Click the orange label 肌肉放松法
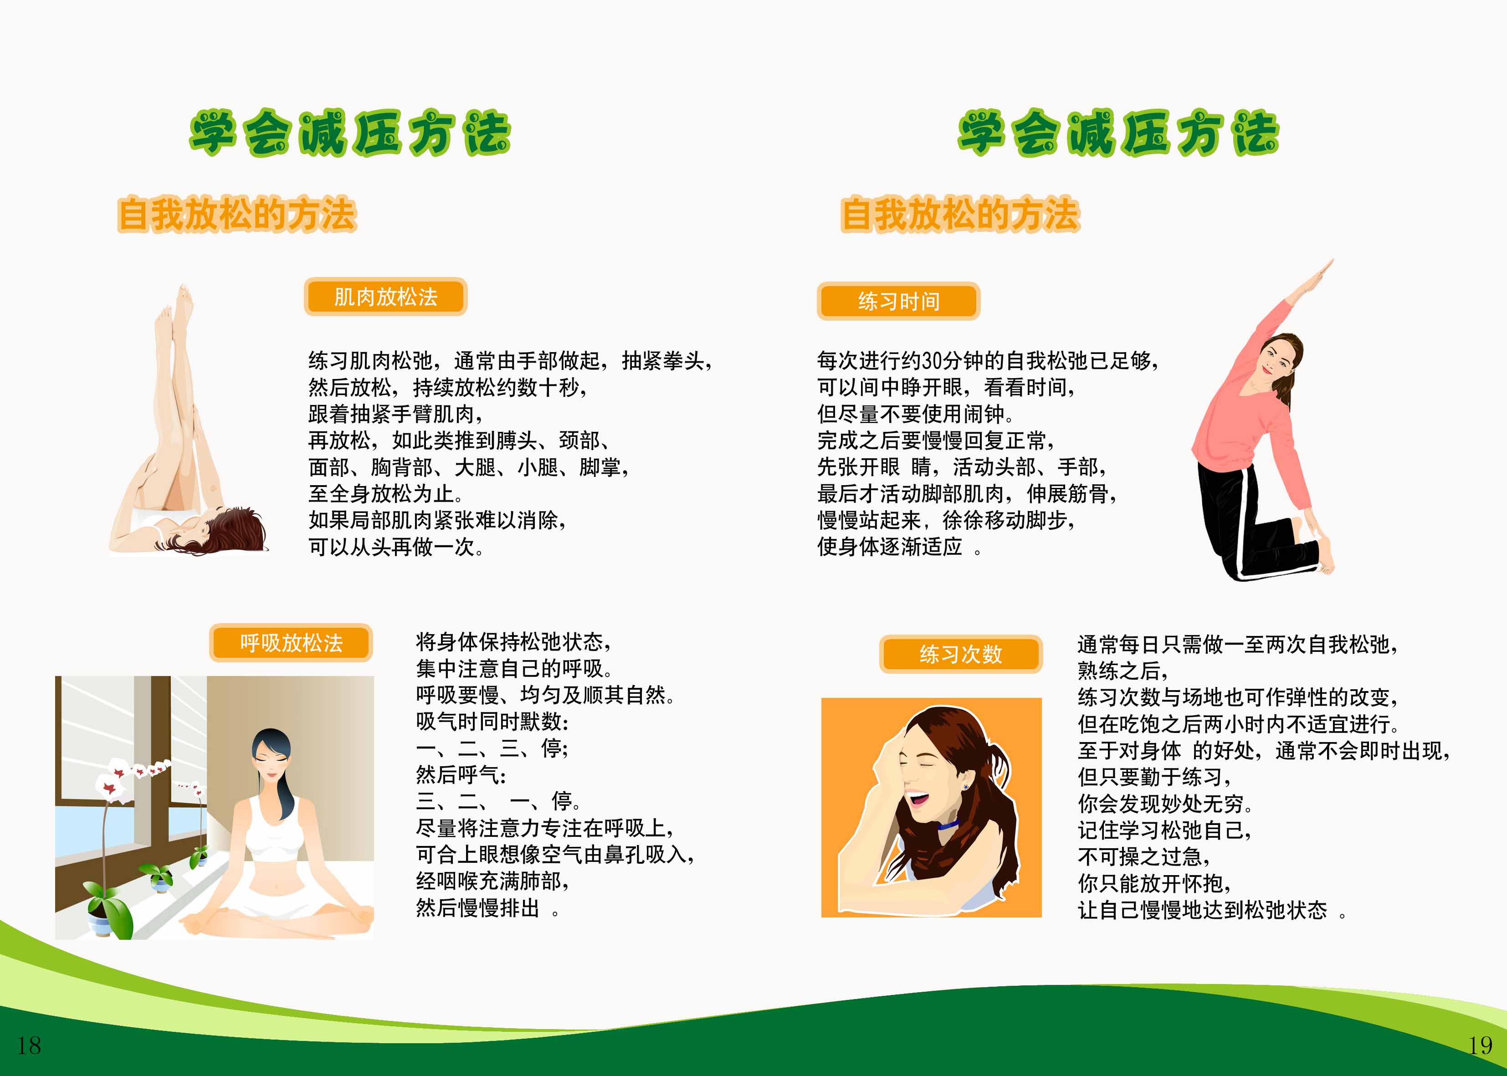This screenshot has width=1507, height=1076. click(385, 297)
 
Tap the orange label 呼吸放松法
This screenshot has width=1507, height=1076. click(291, 643)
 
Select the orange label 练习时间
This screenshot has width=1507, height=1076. click(898, 302)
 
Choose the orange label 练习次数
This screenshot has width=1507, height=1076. click(960, 655)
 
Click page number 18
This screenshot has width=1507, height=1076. click(29, 1045)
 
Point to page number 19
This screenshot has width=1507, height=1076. click(1480, 1045)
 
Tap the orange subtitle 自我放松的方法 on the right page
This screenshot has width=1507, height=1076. click(960, 215)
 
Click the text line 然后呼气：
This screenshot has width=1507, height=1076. click(461, 774)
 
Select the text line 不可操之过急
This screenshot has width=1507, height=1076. click(1144, 857)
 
